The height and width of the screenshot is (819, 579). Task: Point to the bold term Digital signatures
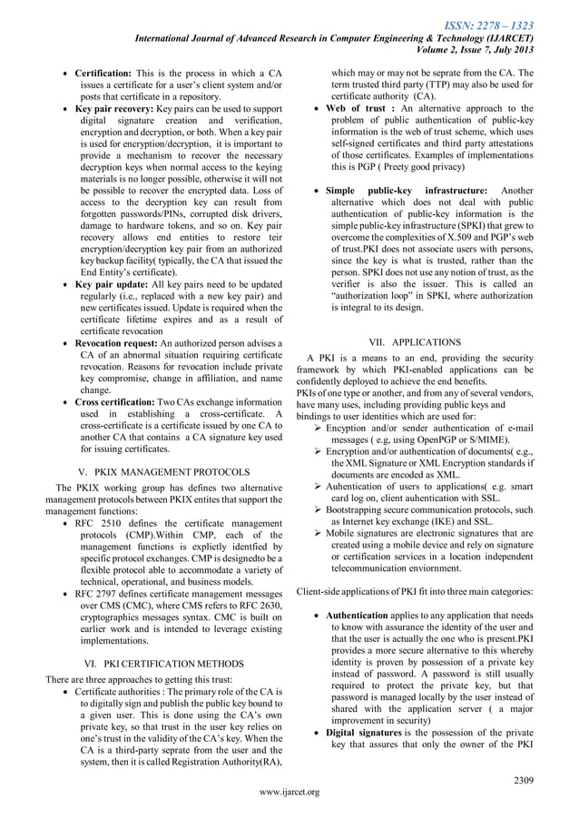point(364,731)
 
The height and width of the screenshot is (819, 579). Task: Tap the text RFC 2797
point(100,591)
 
